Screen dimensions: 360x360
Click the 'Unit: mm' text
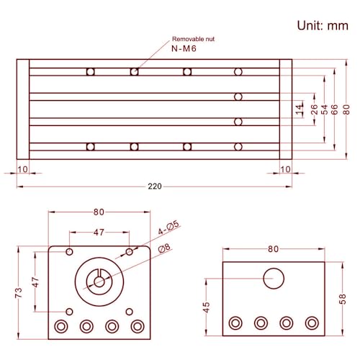click(323, 25)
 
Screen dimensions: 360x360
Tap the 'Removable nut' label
click(193, 39)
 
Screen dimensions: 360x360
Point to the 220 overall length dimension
click(154, 186)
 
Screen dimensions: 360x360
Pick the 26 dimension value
click(313, 109)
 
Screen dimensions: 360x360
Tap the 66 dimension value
click(335, 109)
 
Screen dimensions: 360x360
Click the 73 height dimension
click(19, 292)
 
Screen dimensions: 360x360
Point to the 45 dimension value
click(207, 307)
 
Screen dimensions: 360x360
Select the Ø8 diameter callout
click(164, 248)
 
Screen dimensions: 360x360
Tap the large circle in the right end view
click(274, 278)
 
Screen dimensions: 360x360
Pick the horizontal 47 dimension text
click(99, 233)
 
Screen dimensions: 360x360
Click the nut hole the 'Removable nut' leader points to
click(134, 71)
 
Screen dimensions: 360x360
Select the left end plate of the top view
click(23, 109)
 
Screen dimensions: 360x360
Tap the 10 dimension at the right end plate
click(285, 169)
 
